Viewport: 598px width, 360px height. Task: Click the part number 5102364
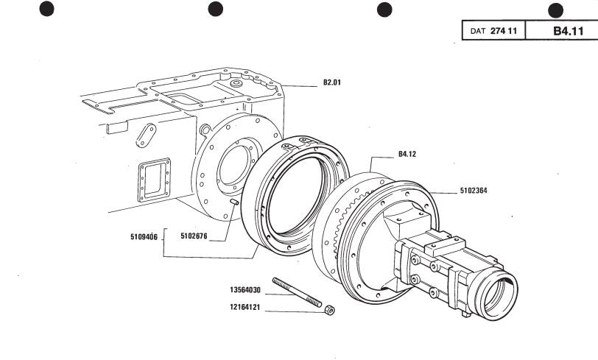pyautogui.click(x=474, y=190)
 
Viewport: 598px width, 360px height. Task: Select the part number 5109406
pyautogui.click(x=144, y=237)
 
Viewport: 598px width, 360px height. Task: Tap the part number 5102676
pyautogui.click(x=194, y=236)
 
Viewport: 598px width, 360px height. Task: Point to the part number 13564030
pyautogui.click(x=245, y=290)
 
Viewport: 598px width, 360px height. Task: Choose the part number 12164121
pyautogui.click(x=245, y=307)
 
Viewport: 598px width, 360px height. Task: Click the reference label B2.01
pyautogui.click(x=332, y=82)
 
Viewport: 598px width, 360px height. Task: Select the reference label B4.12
pyautogui.click(x=407, y=154)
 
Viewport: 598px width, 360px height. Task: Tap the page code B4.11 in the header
pyautogui.click(x=569, y=31)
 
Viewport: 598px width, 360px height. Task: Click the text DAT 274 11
pyautogui.click(x=493, y=31)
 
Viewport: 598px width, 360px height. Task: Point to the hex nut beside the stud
pyautogui.click(x=329, y=310)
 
